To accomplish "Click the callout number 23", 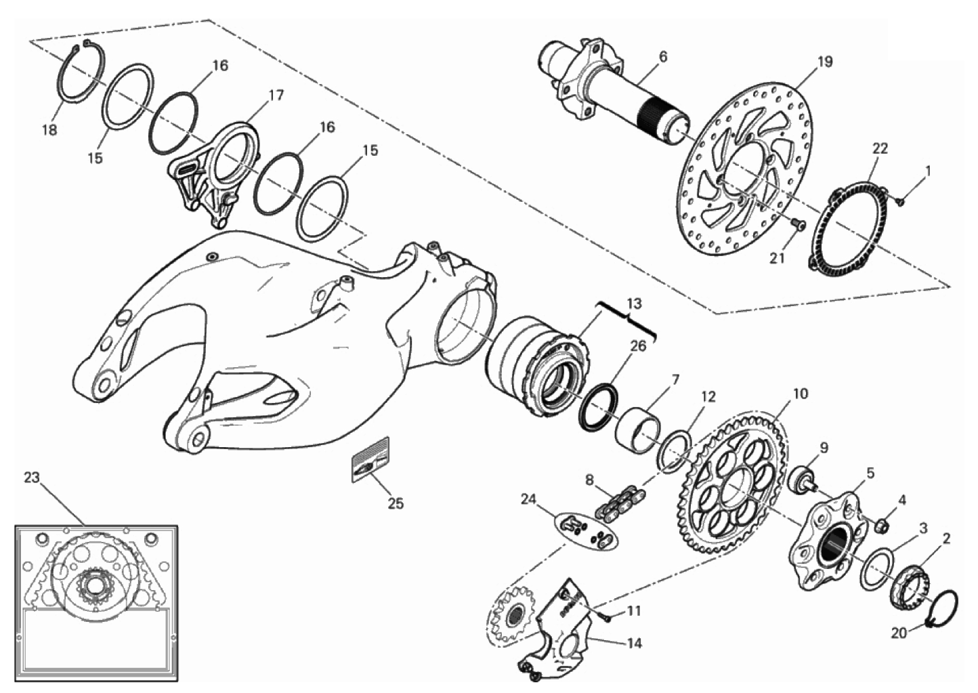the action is (x=31, y=478).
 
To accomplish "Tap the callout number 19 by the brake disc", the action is (x=825, y=62).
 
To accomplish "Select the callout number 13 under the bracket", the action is (x=635, y=303).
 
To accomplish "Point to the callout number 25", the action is (x=396, y=503).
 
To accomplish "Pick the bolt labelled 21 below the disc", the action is (x=799, y=224).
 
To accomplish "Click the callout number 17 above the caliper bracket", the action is (x=276, y=96).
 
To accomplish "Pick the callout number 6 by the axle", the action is (x=663, y=57).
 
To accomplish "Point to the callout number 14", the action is (x=635, y=644).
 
